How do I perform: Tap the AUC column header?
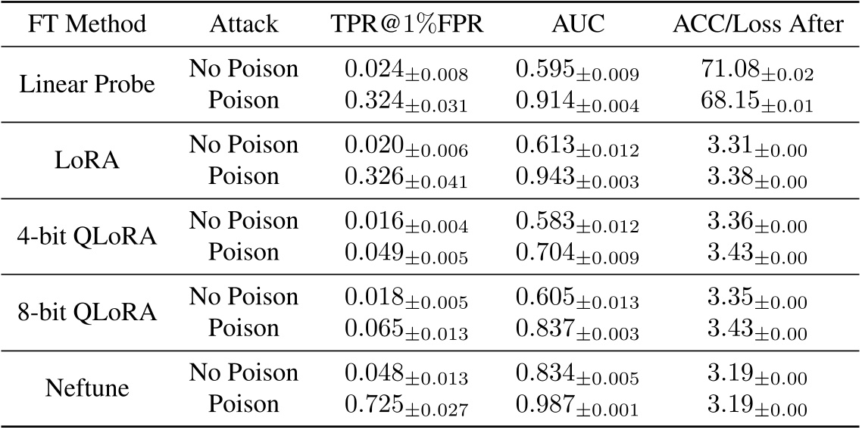[577, 24]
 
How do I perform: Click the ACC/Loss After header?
[757, 24]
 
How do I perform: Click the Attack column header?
[243, 24]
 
